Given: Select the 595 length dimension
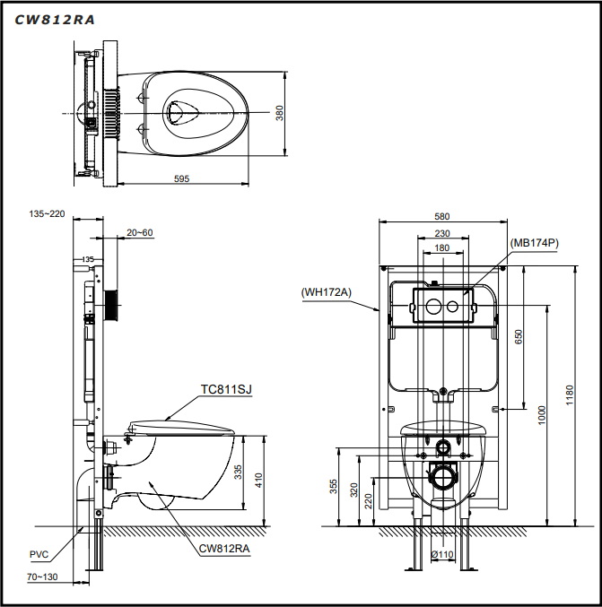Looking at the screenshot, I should click(181, 178).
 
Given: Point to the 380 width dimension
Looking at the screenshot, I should click(279, 113).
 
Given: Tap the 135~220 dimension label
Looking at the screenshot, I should click(48, 213).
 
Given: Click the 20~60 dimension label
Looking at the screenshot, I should click(139, 232).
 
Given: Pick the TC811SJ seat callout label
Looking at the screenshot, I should click(226, 388).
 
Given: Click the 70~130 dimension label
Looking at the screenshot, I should click(42, 577).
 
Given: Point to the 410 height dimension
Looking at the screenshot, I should click(259, 480).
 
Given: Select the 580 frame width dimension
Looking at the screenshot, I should click(441, 216).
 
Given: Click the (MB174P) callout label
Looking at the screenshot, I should click(535, 242).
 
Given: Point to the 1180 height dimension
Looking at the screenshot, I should click(571, 395).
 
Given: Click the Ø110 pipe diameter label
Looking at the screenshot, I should click(441, 555).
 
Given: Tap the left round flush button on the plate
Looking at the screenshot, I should click(431, 308).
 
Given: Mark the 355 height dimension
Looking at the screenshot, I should click(334, 487).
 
